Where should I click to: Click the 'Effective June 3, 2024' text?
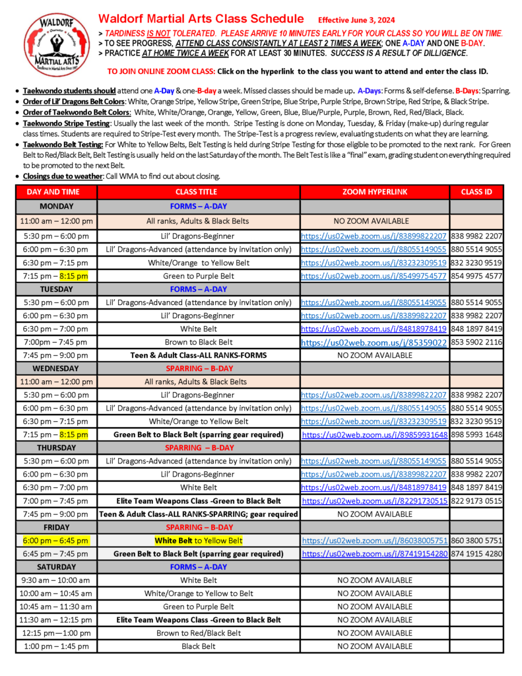(x=355, y=20)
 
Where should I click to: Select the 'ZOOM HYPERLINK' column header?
(x=375, y=192)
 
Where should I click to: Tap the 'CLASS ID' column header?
(x=476, y=192)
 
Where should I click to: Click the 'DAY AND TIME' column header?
(x=56, y=192)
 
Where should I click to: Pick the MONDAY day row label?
(x=56, y=207)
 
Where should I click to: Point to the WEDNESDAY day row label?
(x=56, y=368)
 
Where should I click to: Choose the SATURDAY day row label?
(x=56, y=567)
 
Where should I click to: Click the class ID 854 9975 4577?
(x=476, y=276)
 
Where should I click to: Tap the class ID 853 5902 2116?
(x=476, y=342)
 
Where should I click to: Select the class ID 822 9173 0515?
(x=476, y=501)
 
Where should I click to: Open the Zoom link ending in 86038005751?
(x=375, y=541)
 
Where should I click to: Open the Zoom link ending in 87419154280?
(x=375, y=554)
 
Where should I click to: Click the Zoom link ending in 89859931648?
(x=375, y=435)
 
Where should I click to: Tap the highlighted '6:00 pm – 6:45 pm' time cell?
(x=56, y=541)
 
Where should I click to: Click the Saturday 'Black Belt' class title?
(x=199, y=646)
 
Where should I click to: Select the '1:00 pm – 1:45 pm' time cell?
(x=56, y=646)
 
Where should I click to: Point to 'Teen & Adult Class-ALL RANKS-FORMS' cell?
(x=199, y=355)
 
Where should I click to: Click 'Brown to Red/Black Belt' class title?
(x=199, y=633)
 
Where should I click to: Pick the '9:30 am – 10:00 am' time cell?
(x=56, y=580)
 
